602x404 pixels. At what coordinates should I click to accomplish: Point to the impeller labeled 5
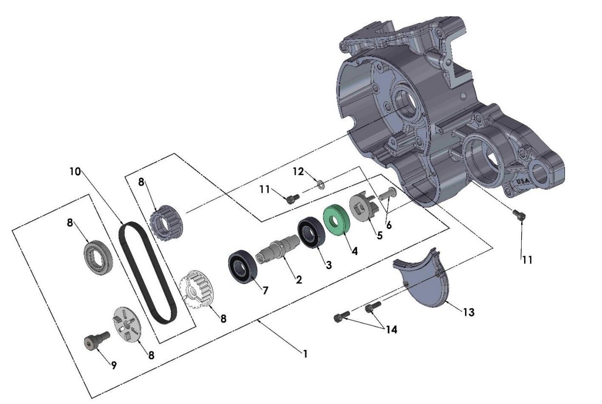[363, 208]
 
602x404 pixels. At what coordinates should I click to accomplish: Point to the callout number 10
[74, 171]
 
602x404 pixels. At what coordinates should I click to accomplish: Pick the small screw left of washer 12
[292, 198]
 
